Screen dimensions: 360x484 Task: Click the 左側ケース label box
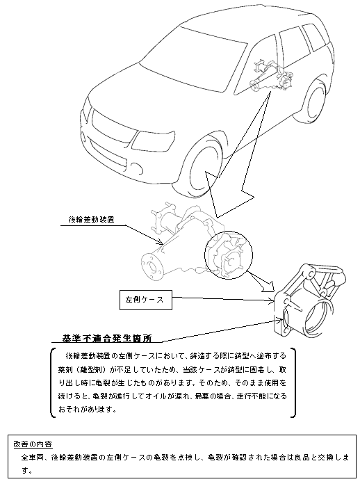(146, 300)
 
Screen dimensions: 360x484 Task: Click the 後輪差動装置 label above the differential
(91, 220)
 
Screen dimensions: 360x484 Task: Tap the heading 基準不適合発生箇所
(107, 339)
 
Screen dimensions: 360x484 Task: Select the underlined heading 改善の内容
(33, 444)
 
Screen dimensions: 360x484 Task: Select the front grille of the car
(112, 129)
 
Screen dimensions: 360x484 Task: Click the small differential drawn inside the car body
(272, 76)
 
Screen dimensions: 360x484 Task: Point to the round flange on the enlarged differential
(151, 266)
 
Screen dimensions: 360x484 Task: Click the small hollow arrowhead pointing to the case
(268, 286)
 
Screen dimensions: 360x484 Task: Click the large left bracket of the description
(51, 382)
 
